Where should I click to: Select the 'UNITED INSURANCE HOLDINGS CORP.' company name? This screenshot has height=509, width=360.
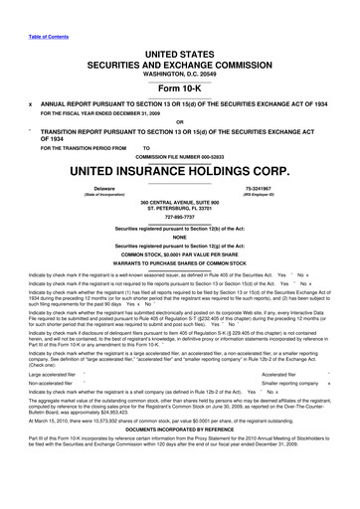point(180,170)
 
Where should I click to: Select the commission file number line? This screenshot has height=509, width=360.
point(180,154)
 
